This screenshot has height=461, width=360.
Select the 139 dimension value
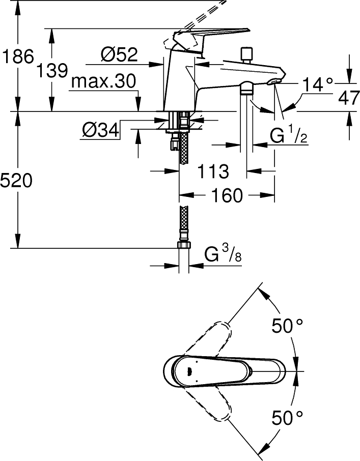pos(52,71)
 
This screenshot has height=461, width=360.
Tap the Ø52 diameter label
pos(119,54)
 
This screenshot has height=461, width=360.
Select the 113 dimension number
pos(213,171)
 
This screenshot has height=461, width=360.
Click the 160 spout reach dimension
pos(227,195)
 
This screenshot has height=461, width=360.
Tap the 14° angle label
pos(318,84)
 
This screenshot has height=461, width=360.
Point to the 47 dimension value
pos(349,98)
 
